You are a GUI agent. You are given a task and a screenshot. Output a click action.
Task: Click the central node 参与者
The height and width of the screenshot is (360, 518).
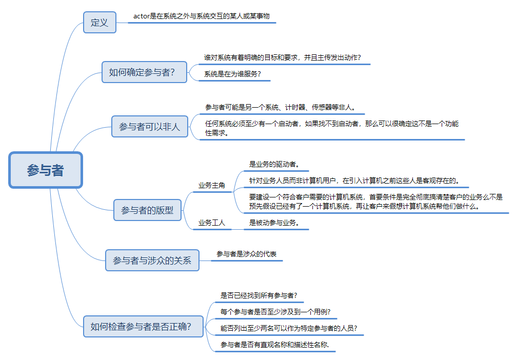pos(46,170)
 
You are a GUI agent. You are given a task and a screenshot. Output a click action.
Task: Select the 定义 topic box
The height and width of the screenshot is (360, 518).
pos(99,23)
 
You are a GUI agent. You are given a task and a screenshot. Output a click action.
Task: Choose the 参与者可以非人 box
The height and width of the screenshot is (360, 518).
pos(149,126)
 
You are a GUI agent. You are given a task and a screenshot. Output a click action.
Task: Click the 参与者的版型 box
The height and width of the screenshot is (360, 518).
pos(147,210)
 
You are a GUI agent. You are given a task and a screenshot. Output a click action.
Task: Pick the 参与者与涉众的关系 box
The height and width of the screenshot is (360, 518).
pos(152,261)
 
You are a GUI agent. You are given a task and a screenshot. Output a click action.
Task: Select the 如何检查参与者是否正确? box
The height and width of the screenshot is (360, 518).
pos(143,326)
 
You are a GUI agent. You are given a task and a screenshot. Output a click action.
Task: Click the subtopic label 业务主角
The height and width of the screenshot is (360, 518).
pos(212,185)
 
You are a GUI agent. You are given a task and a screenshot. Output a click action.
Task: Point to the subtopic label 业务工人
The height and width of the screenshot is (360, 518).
pos(212,223)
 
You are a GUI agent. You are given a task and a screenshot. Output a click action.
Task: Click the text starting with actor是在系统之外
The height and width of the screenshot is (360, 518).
pos(201,16)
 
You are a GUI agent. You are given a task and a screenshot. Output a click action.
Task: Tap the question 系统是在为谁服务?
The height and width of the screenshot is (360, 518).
pos(233,74)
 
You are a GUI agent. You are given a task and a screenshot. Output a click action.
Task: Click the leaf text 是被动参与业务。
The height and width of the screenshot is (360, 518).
pos(274,223)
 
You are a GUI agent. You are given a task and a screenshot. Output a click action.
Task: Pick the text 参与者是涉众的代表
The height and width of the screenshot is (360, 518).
pos(247,254)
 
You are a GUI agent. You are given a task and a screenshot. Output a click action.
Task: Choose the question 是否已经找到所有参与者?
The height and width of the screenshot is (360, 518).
pos(258,295)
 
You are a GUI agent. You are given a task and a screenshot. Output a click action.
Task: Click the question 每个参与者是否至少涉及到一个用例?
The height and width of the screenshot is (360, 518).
pos(275,311)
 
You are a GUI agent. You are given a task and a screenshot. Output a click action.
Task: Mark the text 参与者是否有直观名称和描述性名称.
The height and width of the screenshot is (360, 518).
pos(275,344)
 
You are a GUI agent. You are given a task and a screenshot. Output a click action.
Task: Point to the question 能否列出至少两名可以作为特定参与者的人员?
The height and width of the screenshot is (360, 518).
pos(289,328)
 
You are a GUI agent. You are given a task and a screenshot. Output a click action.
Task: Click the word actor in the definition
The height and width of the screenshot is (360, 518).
pos(141,16)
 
